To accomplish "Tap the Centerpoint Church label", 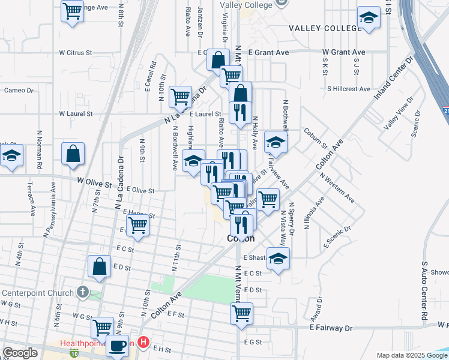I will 40,293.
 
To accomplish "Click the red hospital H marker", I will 143,343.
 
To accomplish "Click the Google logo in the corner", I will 20,353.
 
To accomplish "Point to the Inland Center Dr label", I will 394,79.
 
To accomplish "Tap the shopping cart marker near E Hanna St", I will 137,226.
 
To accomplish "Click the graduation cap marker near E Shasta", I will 278,258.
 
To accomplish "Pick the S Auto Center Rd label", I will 424,290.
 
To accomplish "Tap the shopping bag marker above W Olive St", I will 73,153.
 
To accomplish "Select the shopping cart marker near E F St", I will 241,312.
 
